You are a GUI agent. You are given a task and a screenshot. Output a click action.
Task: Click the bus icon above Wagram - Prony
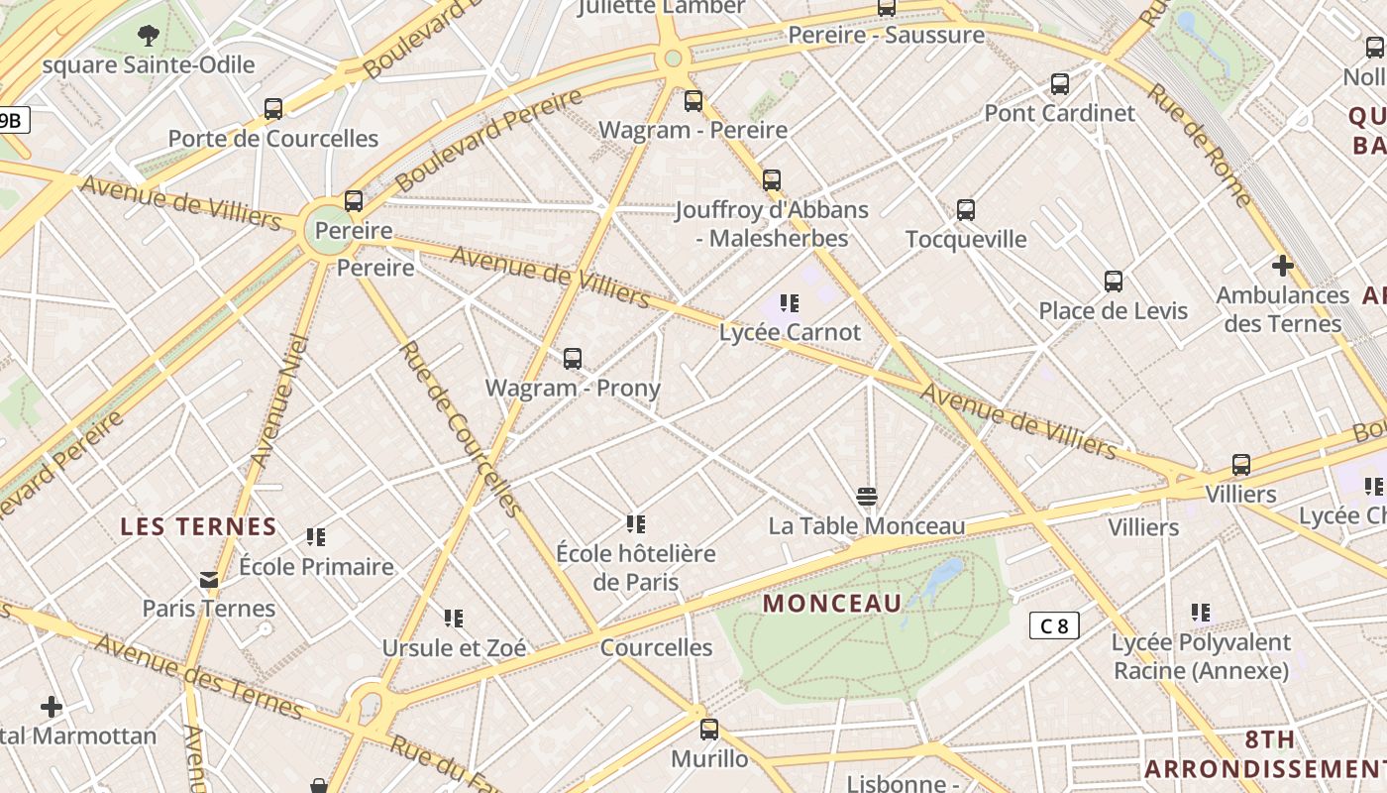point(572,359)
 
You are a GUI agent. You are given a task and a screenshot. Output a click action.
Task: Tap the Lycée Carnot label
point(790,332)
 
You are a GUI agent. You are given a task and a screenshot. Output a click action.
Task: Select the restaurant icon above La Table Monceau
point(867,496)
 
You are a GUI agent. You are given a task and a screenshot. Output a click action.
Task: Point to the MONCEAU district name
point(833,603)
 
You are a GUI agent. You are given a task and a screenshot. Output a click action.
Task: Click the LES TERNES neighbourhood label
point(198,526)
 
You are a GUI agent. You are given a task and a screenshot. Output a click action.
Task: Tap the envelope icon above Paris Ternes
point(209,580)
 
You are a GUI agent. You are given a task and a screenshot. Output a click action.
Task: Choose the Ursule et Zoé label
point(454,648)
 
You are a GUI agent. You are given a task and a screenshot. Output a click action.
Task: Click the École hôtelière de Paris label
point(635,567)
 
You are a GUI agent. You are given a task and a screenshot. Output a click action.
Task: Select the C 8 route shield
point(1054,625)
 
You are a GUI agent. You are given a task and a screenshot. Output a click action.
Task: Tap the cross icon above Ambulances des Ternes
point(1283,266)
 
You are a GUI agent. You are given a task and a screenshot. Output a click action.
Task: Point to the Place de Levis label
point(1113,311)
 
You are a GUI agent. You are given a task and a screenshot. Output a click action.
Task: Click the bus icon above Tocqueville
point(966,210)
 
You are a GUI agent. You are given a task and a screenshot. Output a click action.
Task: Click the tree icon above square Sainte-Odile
point(149,37)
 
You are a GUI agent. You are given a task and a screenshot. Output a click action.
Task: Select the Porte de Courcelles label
point(273,139)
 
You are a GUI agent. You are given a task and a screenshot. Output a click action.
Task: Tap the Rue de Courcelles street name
point(460,428)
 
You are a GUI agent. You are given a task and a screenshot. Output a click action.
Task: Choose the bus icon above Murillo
point(709,730)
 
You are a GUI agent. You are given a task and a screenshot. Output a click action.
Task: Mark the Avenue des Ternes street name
point(198,676)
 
